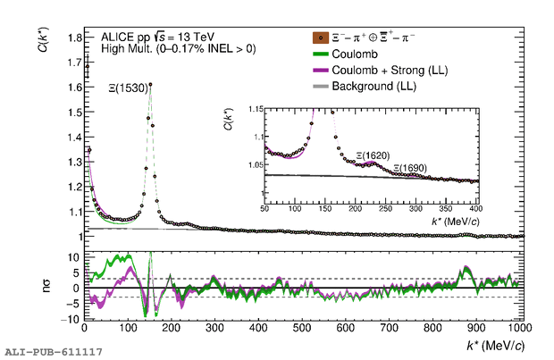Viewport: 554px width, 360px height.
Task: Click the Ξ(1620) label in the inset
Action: [374, 155]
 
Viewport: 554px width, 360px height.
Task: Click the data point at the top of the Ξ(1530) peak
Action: [150, 85]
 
